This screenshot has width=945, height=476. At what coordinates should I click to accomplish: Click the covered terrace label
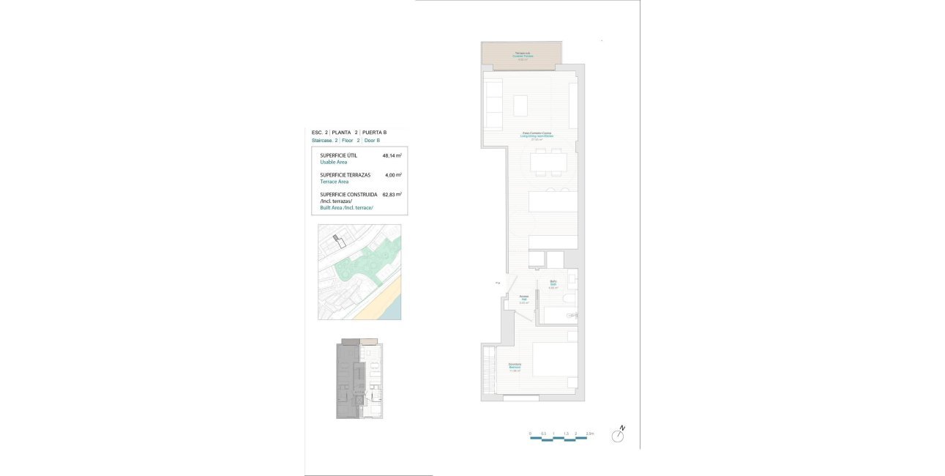[x=523, y=55]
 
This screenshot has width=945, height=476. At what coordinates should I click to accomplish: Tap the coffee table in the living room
[x=520, y=105]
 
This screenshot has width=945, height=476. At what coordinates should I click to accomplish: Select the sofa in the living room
[x=494, y=104]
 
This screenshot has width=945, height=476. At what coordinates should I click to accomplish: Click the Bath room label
[x=554, y=283]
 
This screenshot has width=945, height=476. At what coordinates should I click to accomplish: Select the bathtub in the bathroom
[x=560, y=316]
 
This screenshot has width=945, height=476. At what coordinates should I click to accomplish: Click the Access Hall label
[x=524, y=300]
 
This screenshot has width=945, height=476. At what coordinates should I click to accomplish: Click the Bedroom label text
[x=515, y=368]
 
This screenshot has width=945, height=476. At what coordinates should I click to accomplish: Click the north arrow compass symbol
[x=619, y=436]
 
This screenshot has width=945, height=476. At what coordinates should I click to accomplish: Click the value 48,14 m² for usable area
[x=392, y=156]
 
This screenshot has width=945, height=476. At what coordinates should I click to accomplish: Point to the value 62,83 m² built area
[x=392, y=195]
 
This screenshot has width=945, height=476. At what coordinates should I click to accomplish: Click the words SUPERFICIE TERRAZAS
[x=345, y=175]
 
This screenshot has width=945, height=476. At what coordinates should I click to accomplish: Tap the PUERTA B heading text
[x=375, y=133]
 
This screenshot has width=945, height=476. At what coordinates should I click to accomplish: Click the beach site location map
[x=359, y=272]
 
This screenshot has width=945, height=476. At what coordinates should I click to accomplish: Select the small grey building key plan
[x=359, y=379]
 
